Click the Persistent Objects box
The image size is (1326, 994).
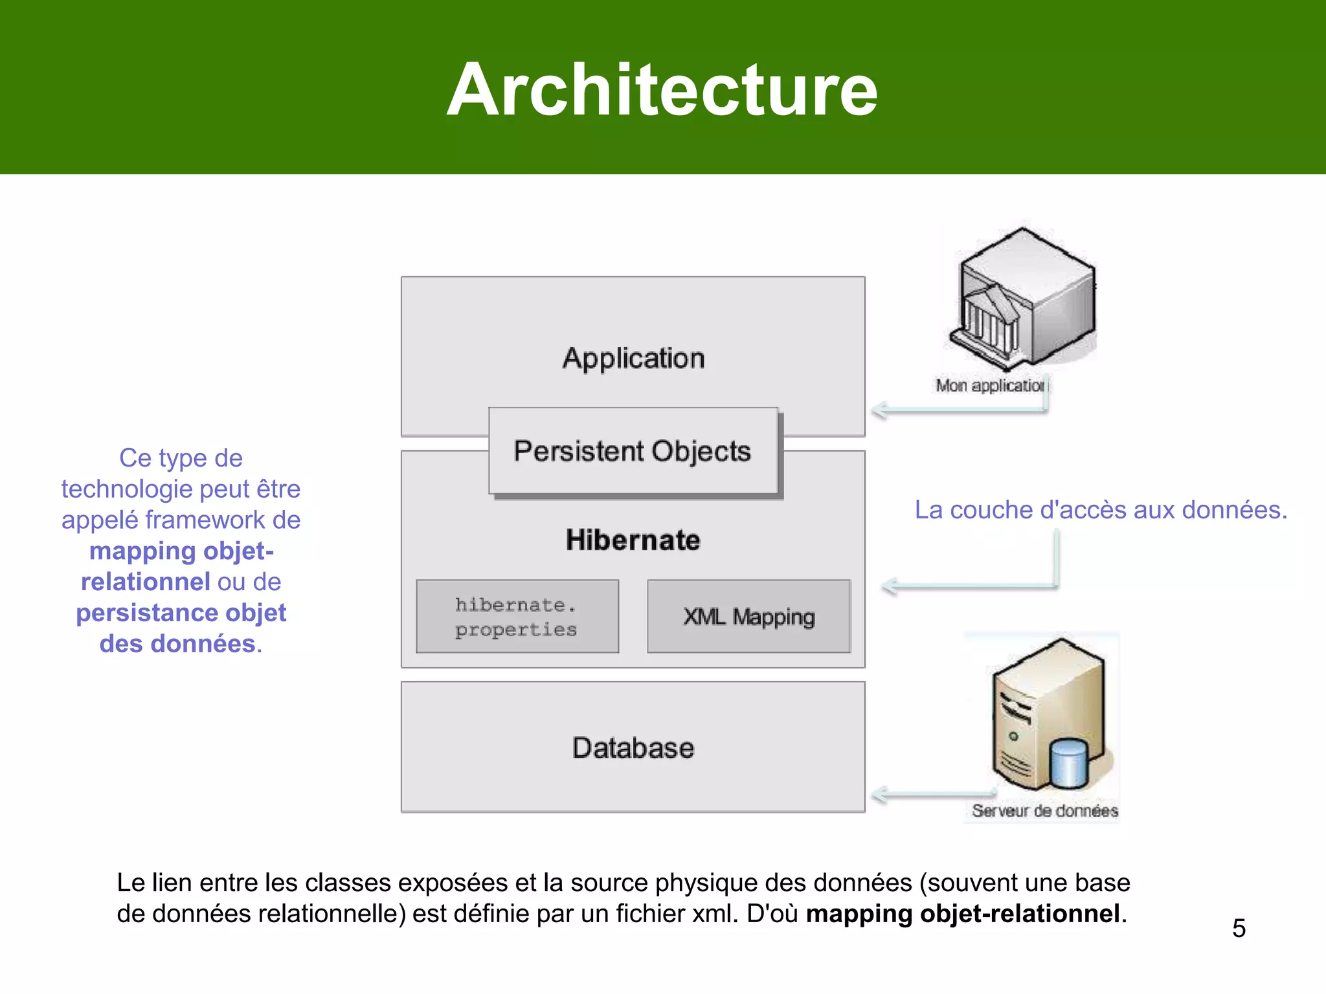(633, 451)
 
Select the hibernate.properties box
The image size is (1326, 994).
(517, 616)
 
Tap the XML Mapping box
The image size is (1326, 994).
(748, 616)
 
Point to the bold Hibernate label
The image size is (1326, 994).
(633, 540)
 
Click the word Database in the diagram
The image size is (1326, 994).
(633, 747)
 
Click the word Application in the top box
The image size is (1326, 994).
(633, 358)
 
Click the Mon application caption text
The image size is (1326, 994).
(989, 386)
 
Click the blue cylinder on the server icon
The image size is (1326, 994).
(1069, 762)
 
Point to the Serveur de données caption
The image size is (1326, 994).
(1044, 811)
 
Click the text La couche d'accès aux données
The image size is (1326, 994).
(1101, 510)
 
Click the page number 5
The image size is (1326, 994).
(1239, 928)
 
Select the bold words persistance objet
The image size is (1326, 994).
(181, 613)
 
